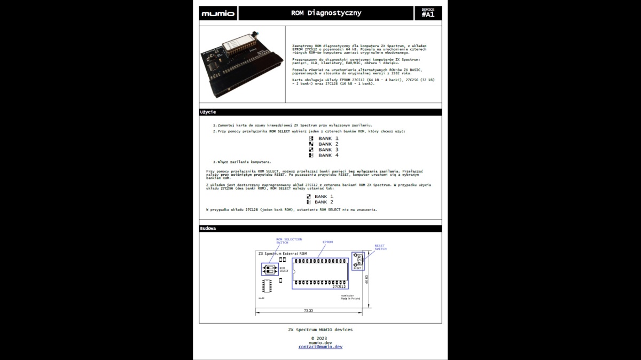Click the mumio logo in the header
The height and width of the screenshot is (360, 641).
coord(218,13)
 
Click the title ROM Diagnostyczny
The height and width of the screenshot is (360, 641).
coord(326,13)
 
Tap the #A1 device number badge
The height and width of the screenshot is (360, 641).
coord(428,13)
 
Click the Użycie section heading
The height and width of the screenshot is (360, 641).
coord(208,112)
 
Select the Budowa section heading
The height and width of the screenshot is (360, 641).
coord(208,229)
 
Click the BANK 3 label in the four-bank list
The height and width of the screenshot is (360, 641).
coord(328,150)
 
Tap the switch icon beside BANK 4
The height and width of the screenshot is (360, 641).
coord(311,155)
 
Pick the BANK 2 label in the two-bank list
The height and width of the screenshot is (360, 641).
coord(324,202)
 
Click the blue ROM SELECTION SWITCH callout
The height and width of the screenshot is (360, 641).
coord(288,241)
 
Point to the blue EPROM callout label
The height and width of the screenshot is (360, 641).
coord(327,242)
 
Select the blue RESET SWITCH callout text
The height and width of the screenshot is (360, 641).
coord(380,247)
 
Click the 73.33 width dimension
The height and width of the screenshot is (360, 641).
coord(308,310)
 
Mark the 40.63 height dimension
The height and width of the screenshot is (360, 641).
coord(367,280)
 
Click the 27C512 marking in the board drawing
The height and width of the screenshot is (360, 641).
coord(339,287)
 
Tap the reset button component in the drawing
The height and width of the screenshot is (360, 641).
coord(358,260)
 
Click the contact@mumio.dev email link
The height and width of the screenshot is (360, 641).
coord(320,347)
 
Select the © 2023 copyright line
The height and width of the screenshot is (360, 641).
coord(319,338)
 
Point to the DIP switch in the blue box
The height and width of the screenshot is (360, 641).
coord(270,269)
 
